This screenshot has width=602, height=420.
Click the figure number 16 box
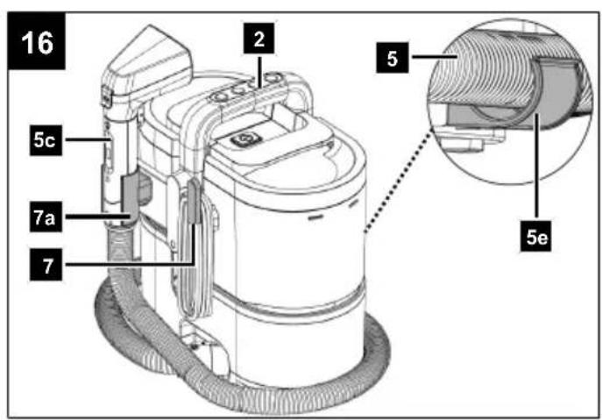pyautogui.click(x=37, y=41)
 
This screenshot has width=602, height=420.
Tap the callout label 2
pyautogui.click(x=259, y=39)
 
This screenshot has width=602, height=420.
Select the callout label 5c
pyautogui.click(x=46, y=140)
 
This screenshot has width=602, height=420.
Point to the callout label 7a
pyautogui.click(x=46, y=217)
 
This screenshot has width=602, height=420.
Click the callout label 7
pyautogui.click(x=46, y=265)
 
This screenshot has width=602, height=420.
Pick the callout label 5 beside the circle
pyautogui.click(x=393, y=58)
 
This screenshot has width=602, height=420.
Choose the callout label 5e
pyautogui.click(x=535, y=237)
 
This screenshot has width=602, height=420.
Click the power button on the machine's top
pyautogui.click(x=241, y=139)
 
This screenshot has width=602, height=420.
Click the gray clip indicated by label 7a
pyautogui.click(x=130, y=198)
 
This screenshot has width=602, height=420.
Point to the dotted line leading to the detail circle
pyautogui.click(x=398, y=182)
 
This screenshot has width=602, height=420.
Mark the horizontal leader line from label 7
pyautogui.click(x=129, y=264)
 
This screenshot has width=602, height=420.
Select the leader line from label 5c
pyautogui.click(x=88, y=140)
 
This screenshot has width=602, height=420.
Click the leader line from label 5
pyautogui.click(x=436, y=57)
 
